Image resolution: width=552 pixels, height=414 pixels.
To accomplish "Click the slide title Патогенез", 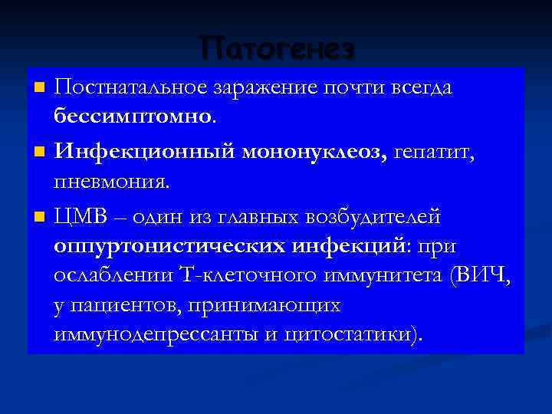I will point(278,48).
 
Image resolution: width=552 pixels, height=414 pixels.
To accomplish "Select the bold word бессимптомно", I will point(133,116).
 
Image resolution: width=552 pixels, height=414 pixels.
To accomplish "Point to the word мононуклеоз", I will point(314,153).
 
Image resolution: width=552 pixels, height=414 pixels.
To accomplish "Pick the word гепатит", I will point(435,153).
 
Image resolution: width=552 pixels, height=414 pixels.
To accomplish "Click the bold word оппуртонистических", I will point(169,245).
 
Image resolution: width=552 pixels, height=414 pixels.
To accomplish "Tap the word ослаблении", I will point(103,275).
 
